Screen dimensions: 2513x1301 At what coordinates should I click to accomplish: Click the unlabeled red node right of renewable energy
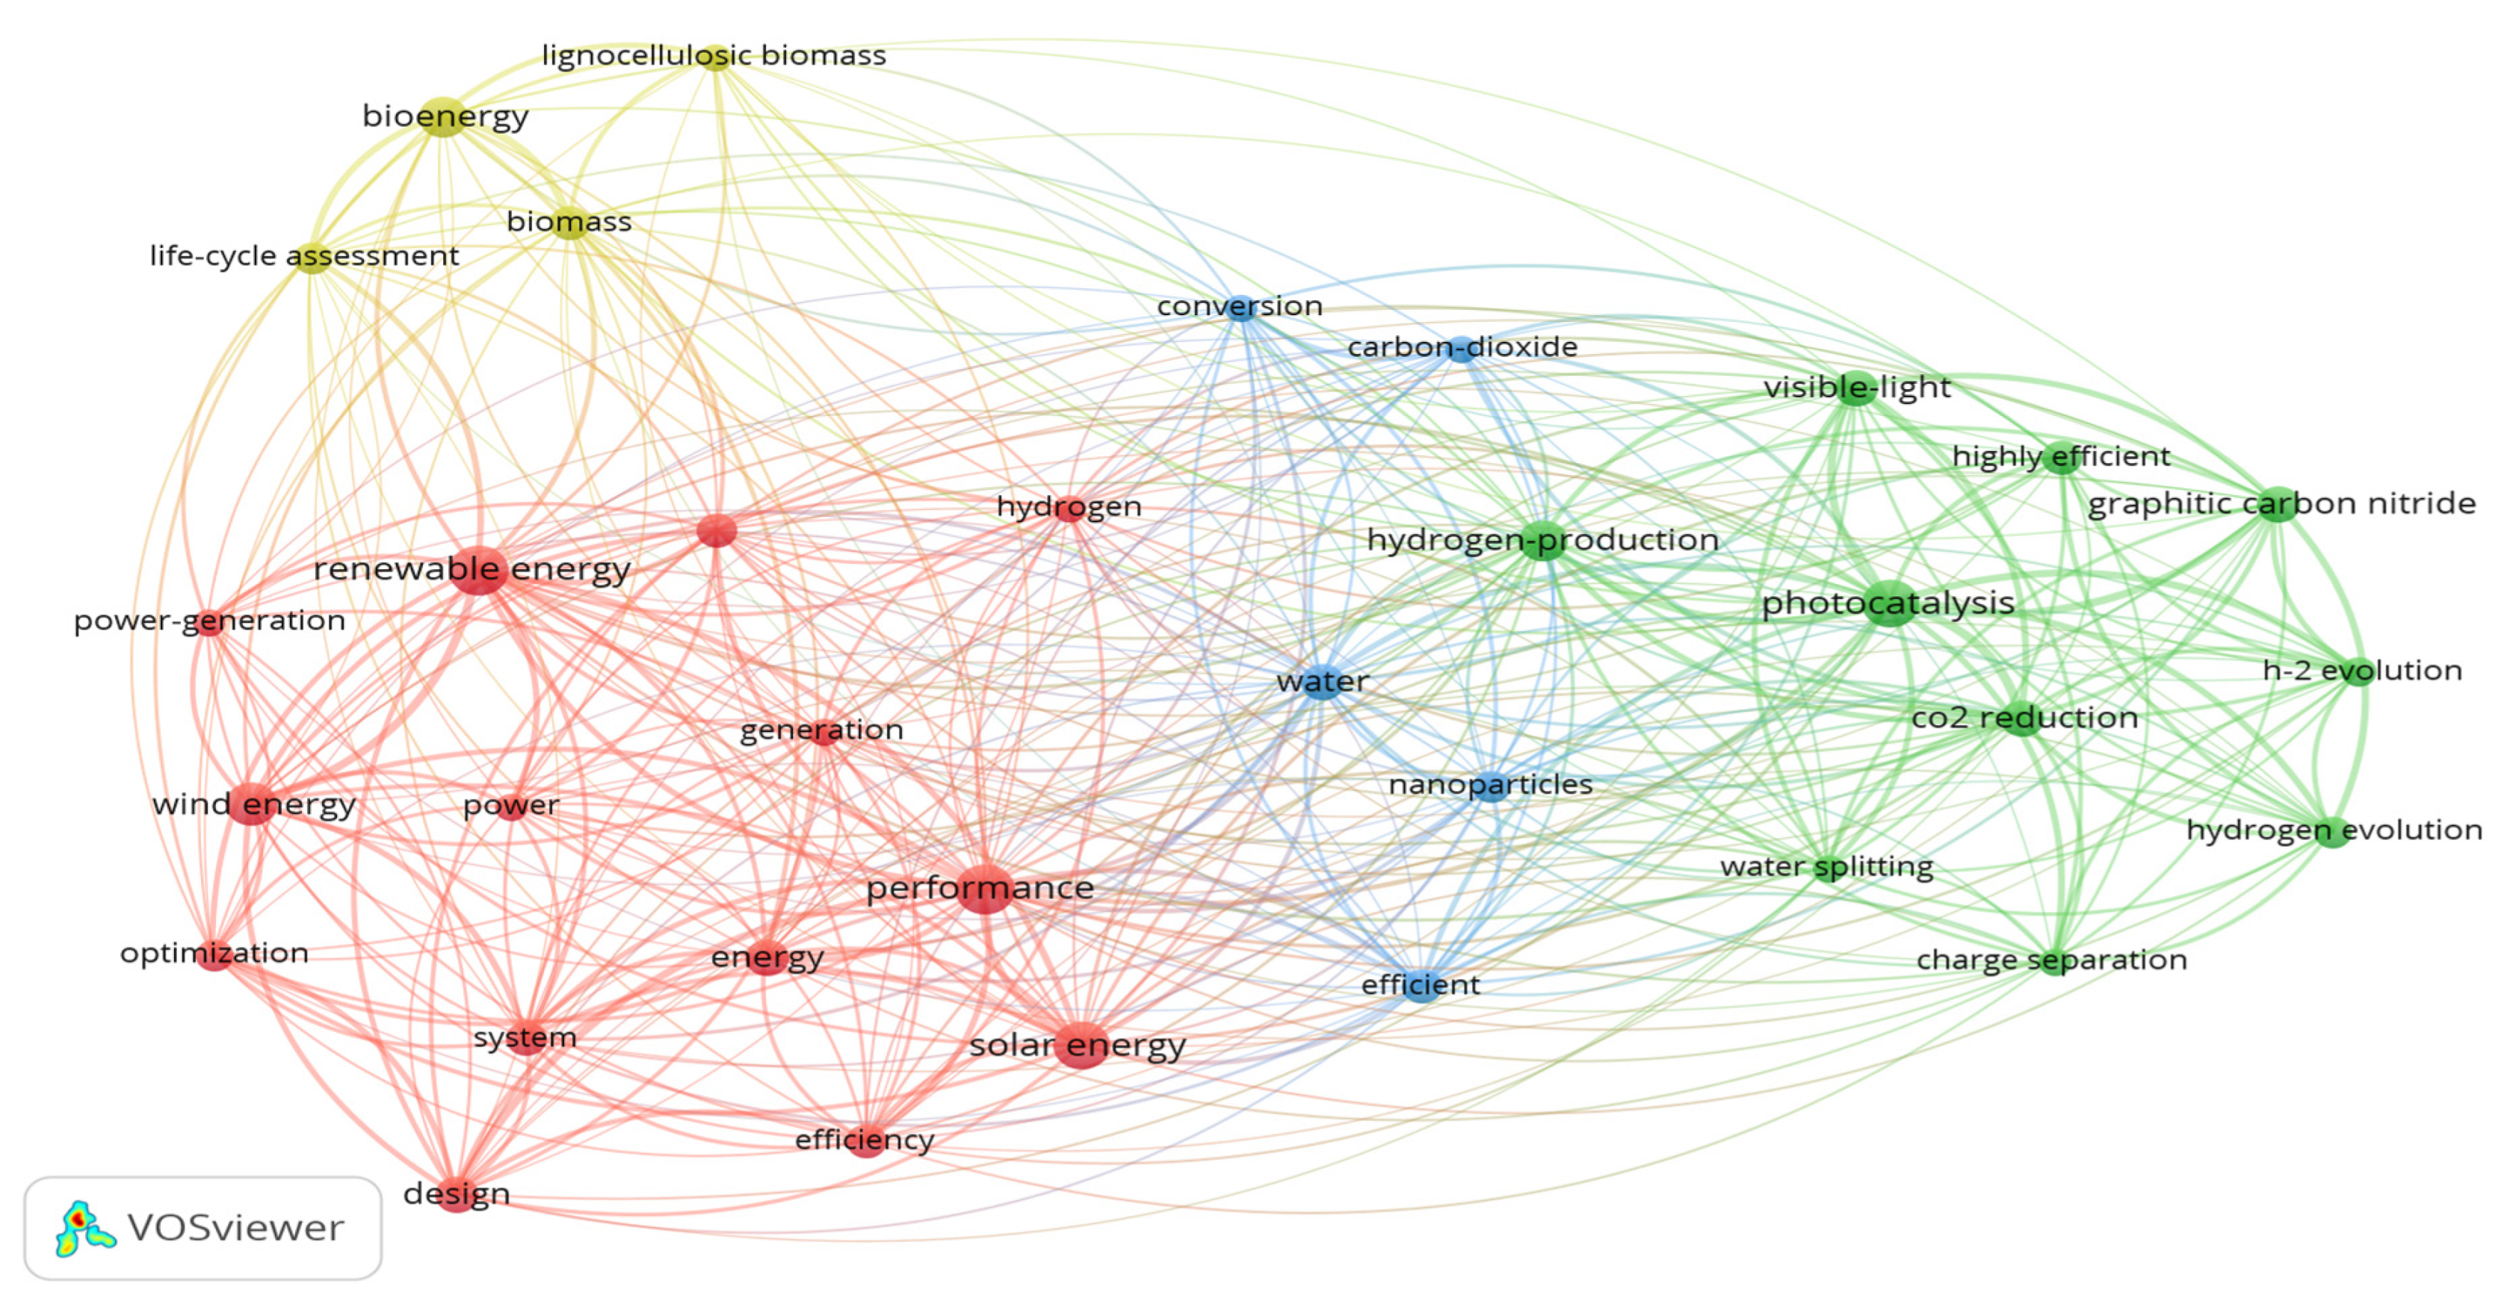pyautogui.click(x=717, y=532)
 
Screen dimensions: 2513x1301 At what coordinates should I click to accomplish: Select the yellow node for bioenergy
pyautogui.click(x=444, y=117)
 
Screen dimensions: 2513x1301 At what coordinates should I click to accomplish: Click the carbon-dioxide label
pyautogui.click(x=1462, y=347)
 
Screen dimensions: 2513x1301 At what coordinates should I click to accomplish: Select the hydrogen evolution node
pyautogui.click(x=2332, y=832)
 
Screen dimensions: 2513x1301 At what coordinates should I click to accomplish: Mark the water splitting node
pyautogui.click(x=1827, y=867)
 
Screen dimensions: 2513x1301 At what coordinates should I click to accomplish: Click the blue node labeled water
pyautogui.click(x=1323, y=682)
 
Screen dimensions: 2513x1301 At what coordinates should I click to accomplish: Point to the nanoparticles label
pyautogui.click(x=1490, y=785)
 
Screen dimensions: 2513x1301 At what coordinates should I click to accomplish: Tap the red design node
pyautogui.click(x=457, y=1195)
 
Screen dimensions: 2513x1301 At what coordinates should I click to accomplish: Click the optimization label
pyautogui.click(x=214, y=954)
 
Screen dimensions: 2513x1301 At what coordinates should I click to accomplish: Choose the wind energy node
pyautogui.click(x=253, y=804)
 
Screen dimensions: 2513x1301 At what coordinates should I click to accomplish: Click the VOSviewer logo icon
pyautogui.click(x=83, y=1229)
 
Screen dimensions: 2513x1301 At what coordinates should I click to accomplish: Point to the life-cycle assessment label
pyautogui.click(x=303, y=256)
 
